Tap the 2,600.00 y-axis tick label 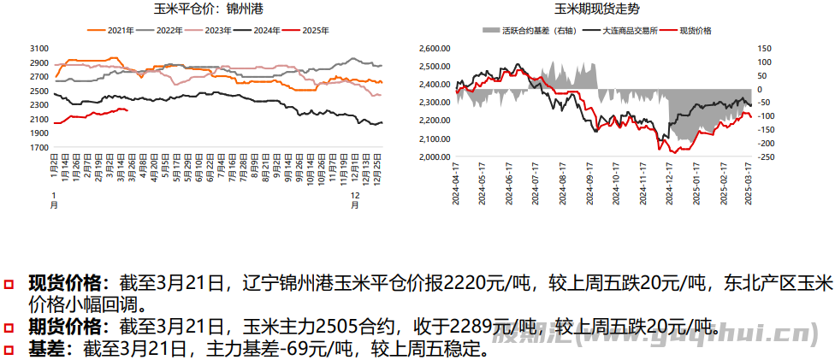coord(435,48)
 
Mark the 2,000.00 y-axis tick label coord(435,157)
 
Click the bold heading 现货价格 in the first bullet coord(67,283)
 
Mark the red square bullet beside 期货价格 coord(9,327)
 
